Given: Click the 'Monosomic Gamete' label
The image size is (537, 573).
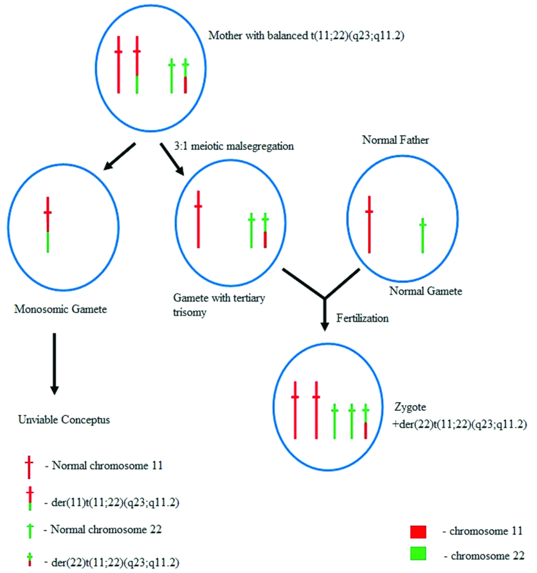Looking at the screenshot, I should point(60,309).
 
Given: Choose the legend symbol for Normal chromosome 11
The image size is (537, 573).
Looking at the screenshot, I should point(28,467).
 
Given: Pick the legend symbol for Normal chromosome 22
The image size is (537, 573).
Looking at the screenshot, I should point(28,531).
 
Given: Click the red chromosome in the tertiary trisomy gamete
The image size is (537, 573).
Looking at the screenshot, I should point(199,219).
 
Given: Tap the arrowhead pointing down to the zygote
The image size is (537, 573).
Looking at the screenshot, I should point(325,325).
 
